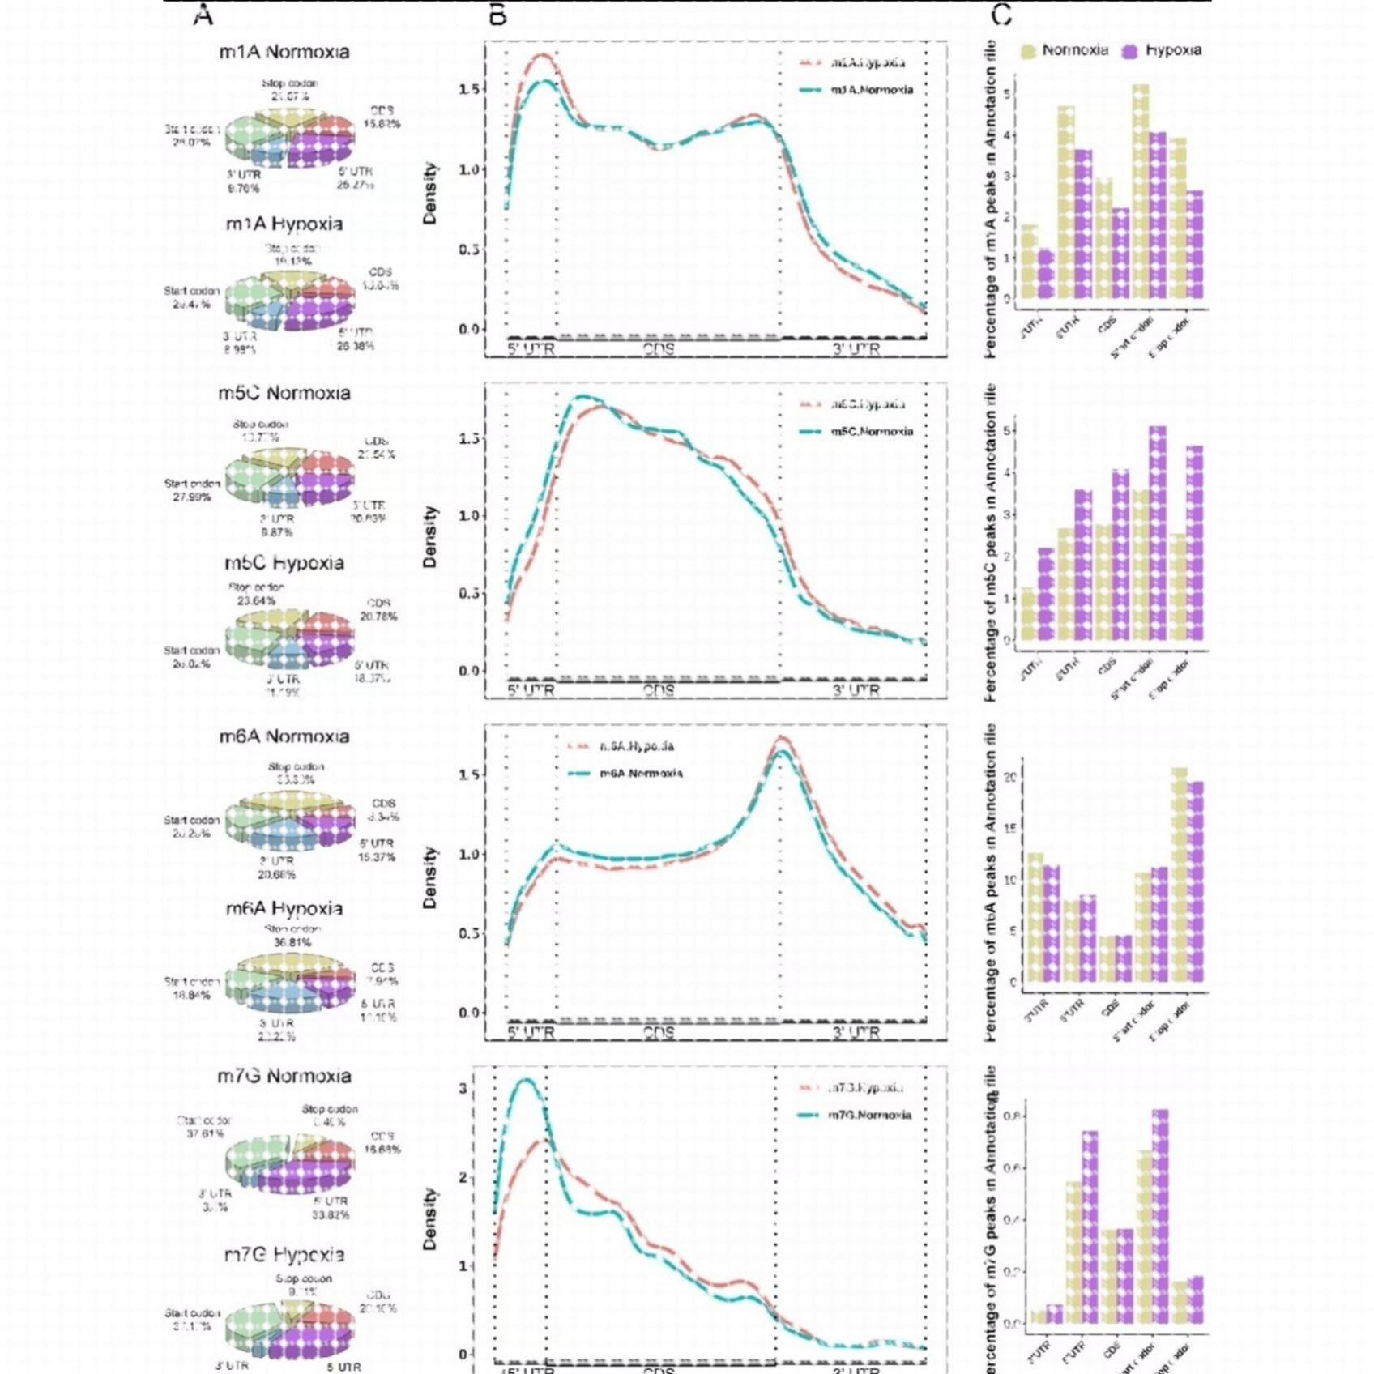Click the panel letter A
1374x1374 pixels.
click(x=203, y=15)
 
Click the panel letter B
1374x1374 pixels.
click(x=497, y=15)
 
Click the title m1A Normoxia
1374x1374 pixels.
click(x=284, y=52)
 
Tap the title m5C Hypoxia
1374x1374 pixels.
click(x=284, y=563)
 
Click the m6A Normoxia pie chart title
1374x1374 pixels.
click(x=284, y=736)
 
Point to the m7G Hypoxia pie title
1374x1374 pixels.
click(x=284, y=1255)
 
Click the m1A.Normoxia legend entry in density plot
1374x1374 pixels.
click(x=871, y=90)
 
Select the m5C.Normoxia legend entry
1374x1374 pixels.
click(x=871, y=432)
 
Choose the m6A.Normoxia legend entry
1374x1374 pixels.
click(x=640, y=774)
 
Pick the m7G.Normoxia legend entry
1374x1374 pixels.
click(x=868, y=1116)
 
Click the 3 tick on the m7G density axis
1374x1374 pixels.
click(x=463, y=1088)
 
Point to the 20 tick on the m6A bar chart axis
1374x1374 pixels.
click(x=1010, y=778)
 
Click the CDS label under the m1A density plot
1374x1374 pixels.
click(x=659, y=350)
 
